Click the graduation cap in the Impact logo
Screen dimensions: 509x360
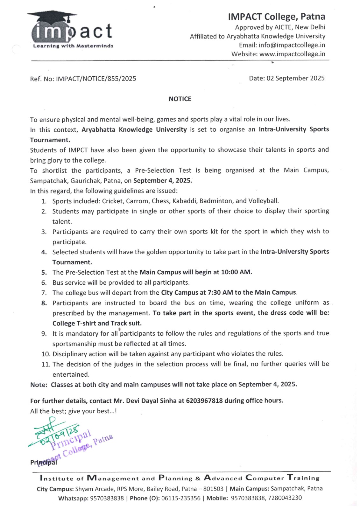[x=53, y=16]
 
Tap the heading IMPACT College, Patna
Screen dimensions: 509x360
[x=276, y=17]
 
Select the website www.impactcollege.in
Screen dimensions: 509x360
[x=292, y=54]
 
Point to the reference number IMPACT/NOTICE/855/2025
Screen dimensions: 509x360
[x=96, y=79]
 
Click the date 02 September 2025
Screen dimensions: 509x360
[x=295, y=78]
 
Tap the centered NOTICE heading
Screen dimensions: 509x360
[x=180, y=99]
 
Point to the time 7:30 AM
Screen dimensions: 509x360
[x=215, y=293]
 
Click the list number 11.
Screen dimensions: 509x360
[x=46, y=364]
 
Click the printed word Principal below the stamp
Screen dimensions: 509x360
[x=44, y=463]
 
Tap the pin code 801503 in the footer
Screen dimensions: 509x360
[x=213, y=489]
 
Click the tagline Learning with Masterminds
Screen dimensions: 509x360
[x=73, y=46]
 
